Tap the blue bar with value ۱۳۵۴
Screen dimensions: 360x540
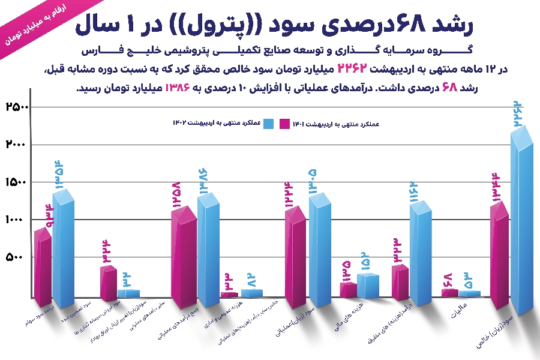click(64, 252)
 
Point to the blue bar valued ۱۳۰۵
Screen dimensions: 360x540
click(320, 252)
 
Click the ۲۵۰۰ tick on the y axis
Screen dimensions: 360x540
click(17, 107)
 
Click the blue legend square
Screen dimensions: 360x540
click(268, 123)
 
